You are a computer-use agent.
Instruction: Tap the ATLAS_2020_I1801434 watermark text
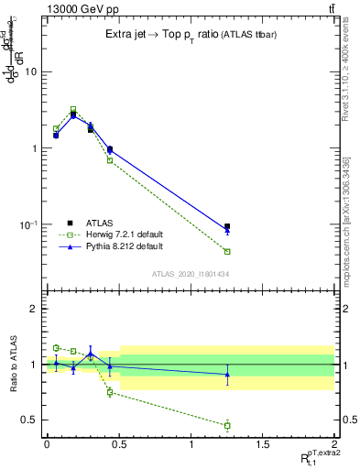point(190,274)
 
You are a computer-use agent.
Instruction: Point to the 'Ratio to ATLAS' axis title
point(13,364)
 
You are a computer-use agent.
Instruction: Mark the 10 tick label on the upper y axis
point(31,71)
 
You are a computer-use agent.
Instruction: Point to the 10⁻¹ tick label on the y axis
point(29,224)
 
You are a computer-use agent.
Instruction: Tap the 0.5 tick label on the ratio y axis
point(31,420)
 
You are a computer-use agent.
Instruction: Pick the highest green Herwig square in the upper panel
point(73,109)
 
